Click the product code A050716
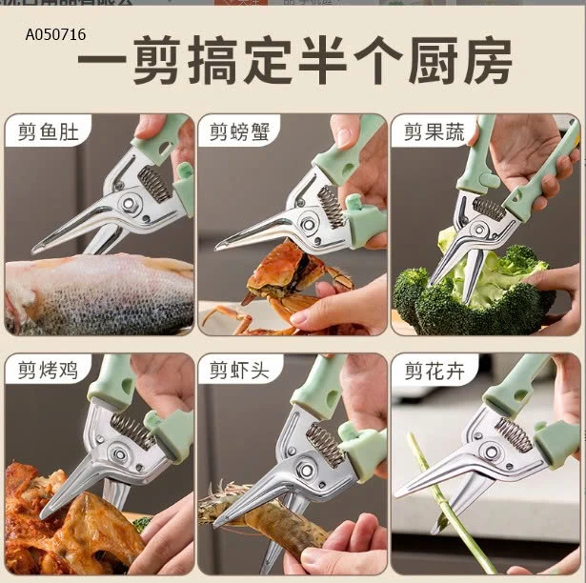[55, 35]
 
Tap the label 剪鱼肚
[48, 132]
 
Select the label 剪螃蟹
[240, 132]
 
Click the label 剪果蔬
[434, 132]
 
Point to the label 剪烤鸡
[48, 371]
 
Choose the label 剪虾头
[240, 371]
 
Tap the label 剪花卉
[434, 371]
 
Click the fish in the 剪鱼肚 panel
[95, 295]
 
